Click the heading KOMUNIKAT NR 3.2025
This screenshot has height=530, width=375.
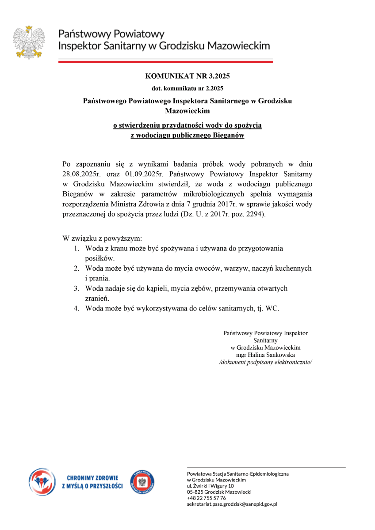(187, 76)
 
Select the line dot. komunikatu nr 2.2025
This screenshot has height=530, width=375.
(187, 88)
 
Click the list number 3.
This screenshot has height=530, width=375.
(77, 288)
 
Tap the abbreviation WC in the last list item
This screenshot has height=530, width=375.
(272, 308)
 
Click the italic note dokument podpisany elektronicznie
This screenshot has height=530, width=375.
(265, 362)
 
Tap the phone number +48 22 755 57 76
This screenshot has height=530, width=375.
(206, 498)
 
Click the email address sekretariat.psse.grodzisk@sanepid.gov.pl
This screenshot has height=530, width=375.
(232, 504)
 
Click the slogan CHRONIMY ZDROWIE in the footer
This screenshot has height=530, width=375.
(92, 478)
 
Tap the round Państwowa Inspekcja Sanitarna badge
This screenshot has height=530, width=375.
(142, 482)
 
